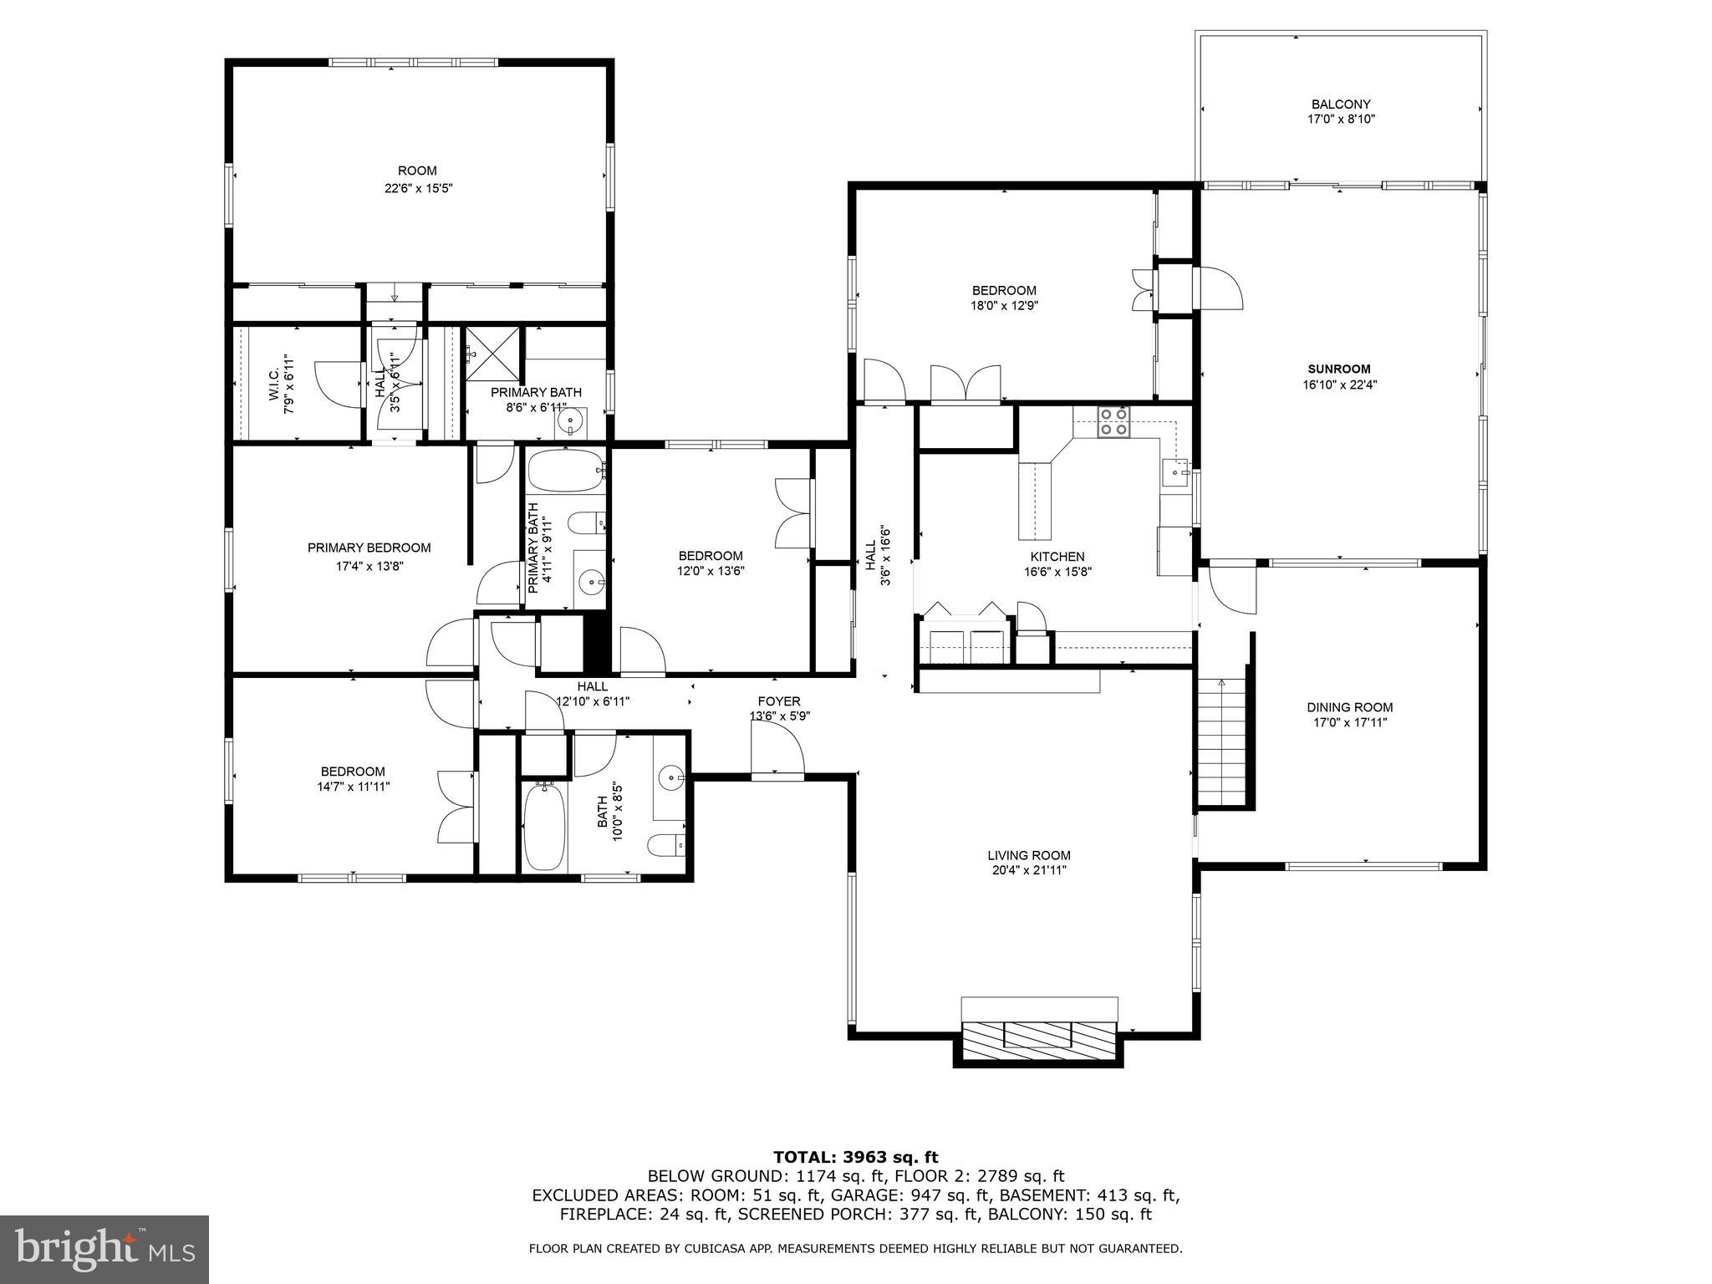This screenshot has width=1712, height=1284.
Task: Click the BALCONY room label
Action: tap(1341, 104)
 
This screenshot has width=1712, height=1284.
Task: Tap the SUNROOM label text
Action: tap(1339, 369)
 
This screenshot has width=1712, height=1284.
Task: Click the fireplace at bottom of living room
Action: tap(1039, 1035)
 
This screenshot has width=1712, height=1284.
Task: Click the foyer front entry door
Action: tap(777, 750)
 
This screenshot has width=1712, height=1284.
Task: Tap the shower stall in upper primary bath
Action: tap(492, 355)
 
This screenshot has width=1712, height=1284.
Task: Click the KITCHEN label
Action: tap(1057, 557)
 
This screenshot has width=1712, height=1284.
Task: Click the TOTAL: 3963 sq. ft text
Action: tap(855, 1158)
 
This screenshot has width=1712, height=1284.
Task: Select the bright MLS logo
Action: tap(104, 1249)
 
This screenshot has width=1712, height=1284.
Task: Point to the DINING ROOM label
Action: tap(1350, 707)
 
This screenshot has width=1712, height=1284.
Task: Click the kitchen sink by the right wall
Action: tap(1176, 472)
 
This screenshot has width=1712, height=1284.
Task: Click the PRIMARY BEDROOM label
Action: tap(369, 548)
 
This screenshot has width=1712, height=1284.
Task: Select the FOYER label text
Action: tap(779, 701)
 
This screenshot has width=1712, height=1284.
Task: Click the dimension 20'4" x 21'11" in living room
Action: tap(1028, 870)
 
